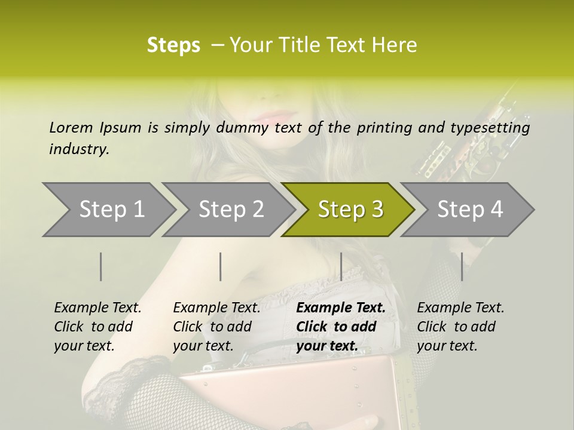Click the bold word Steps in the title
pyautogui.click(x=173, y=45)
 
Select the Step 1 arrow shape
pyautogui.click(x=108, y=210)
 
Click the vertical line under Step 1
pyautogui.click(x=101, y=266)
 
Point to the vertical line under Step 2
pyautogui.click(x=221, y=266)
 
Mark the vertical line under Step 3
pyautogui.click(x=341, y=266)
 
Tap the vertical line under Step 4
pyautogui.click(x=462, y=266)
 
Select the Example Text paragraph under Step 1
pyautogui.click(x=97, y=327)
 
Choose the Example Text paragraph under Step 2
pyautogui.click(x=216, y=327)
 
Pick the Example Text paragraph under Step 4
pyautogui.click(x=460, y=327)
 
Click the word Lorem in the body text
pyautogui.click(x=71, y=127)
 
